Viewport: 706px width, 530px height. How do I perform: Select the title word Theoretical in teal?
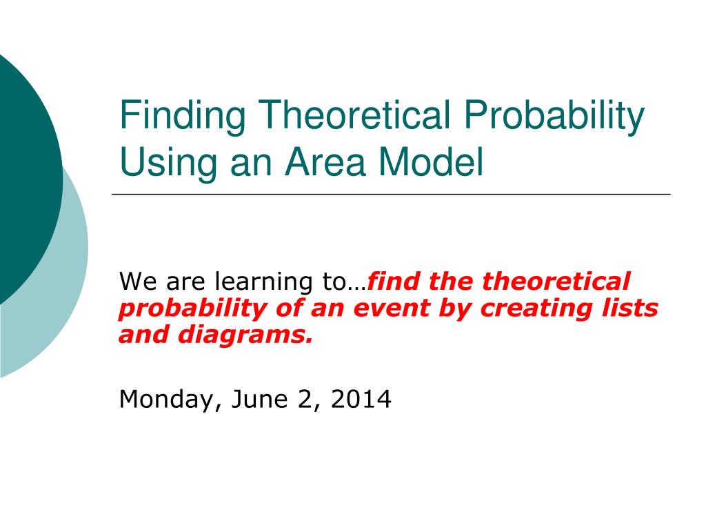(354, 115)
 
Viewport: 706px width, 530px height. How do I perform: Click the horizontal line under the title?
(392, 194)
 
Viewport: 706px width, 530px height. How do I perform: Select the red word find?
(394, 281)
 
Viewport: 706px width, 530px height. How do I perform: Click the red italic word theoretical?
(556, 281)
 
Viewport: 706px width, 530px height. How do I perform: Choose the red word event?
(392, 308)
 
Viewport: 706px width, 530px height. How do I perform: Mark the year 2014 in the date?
(361, 399)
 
